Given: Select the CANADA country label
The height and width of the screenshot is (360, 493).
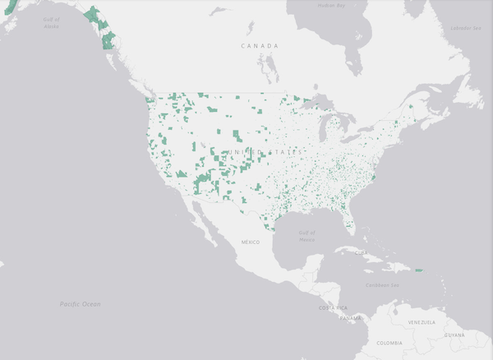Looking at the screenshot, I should (x=260, y=46).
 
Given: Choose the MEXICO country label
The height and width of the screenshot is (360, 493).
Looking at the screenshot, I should (x=250, y=242).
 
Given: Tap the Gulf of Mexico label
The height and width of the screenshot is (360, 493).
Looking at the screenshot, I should (x=306, y=235).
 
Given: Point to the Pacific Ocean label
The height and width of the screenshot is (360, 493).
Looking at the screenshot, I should (x=80, y=304).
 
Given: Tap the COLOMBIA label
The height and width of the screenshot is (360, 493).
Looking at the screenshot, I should (x=391, y=342).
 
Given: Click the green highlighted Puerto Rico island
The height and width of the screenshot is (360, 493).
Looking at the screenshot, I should (x=418, y=270).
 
